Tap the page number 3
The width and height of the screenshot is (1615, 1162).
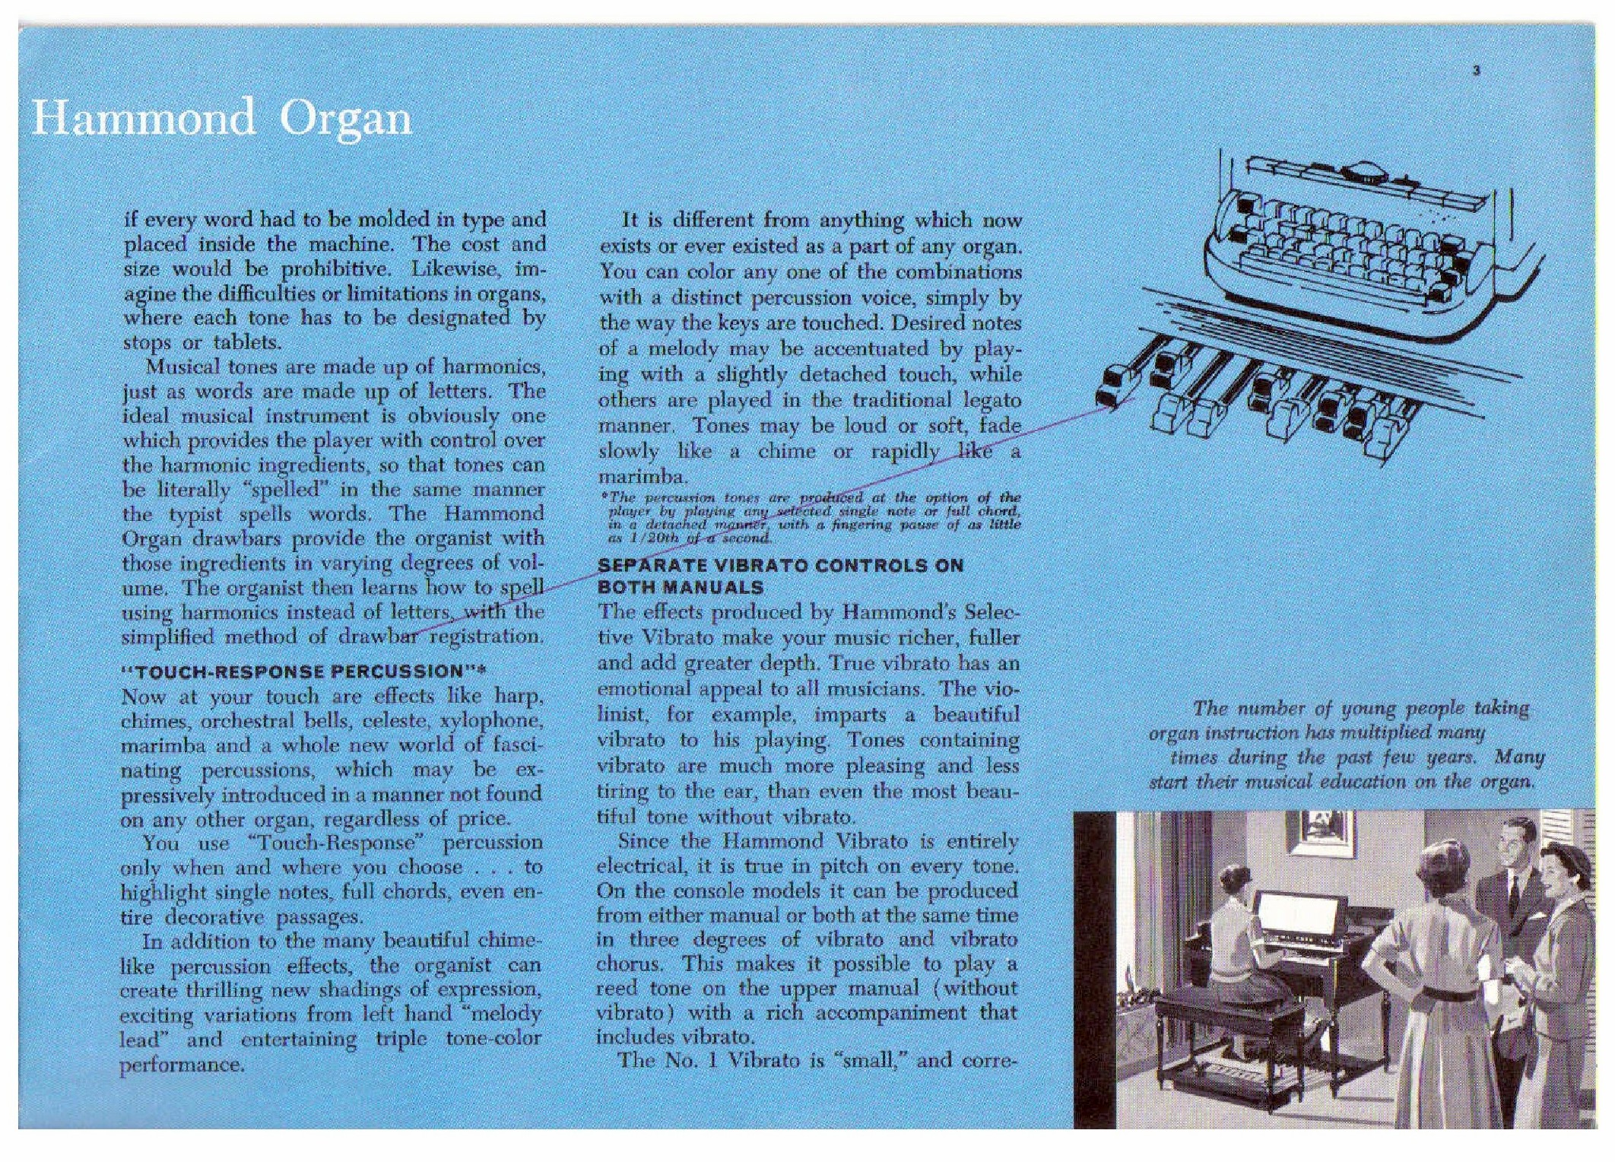pos(1476,71)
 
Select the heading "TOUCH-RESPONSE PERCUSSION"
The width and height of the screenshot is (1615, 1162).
pos(303,671)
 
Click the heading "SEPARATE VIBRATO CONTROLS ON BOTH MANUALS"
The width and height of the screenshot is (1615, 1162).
pos(780,576)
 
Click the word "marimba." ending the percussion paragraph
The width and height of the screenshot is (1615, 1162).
pos(643,477)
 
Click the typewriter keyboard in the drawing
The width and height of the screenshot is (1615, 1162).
pos(1353,236)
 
